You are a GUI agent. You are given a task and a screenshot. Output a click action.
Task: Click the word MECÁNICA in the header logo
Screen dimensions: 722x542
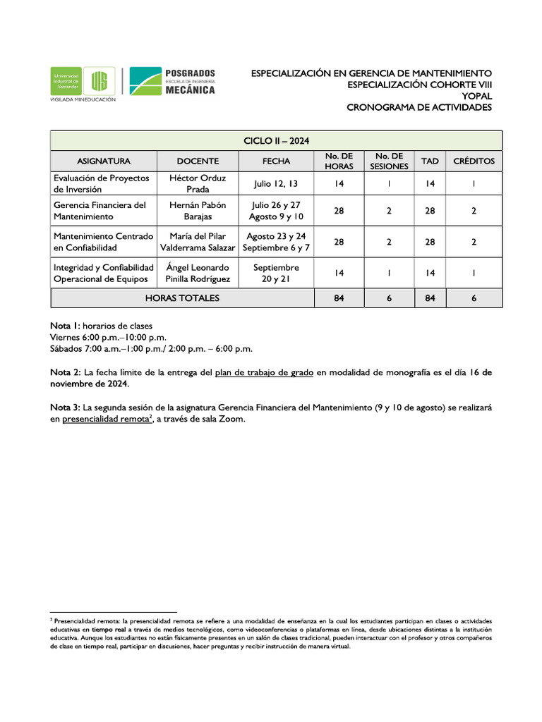[190, 90]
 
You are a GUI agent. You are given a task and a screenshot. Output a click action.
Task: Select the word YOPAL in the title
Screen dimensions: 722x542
[476, 96]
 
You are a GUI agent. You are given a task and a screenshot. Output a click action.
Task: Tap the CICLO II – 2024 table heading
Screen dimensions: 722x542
[276, 141]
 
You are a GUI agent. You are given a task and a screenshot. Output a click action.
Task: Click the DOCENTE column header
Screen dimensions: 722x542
[198, 161]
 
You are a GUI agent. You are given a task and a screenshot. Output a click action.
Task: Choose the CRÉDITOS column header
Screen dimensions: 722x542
[474, 161]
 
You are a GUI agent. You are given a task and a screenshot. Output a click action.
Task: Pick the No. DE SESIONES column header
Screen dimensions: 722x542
[389, 161]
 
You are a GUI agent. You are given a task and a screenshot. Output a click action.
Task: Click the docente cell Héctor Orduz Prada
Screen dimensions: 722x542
[198, 184]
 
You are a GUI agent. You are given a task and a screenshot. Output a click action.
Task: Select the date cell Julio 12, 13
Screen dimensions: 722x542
[276, 184]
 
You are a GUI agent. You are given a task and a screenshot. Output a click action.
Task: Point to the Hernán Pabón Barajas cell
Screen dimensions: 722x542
[198, 211]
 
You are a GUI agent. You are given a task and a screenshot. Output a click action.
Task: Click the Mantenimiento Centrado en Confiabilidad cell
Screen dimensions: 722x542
[103, 242]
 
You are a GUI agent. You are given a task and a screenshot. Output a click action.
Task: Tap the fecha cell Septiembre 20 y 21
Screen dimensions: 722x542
[276, 274]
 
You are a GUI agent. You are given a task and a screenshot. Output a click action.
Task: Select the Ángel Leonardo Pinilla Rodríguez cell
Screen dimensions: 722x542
[198, 274]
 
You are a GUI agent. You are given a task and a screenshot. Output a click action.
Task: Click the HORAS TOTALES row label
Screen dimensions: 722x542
[182, 298]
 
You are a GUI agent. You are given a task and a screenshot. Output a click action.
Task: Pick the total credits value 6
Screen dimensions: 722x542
[474, 298]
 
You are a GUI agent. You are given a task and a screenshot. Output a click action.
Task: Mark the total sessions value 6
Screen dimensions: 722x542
[389, 298]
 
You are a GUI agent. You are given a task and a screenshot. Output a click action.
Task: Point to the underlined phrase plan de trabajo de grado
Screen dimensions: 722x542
[263, 372]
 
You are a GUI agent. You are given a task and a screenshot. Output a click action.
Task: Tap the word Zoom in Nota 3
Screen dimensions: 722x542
[232, 420]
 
